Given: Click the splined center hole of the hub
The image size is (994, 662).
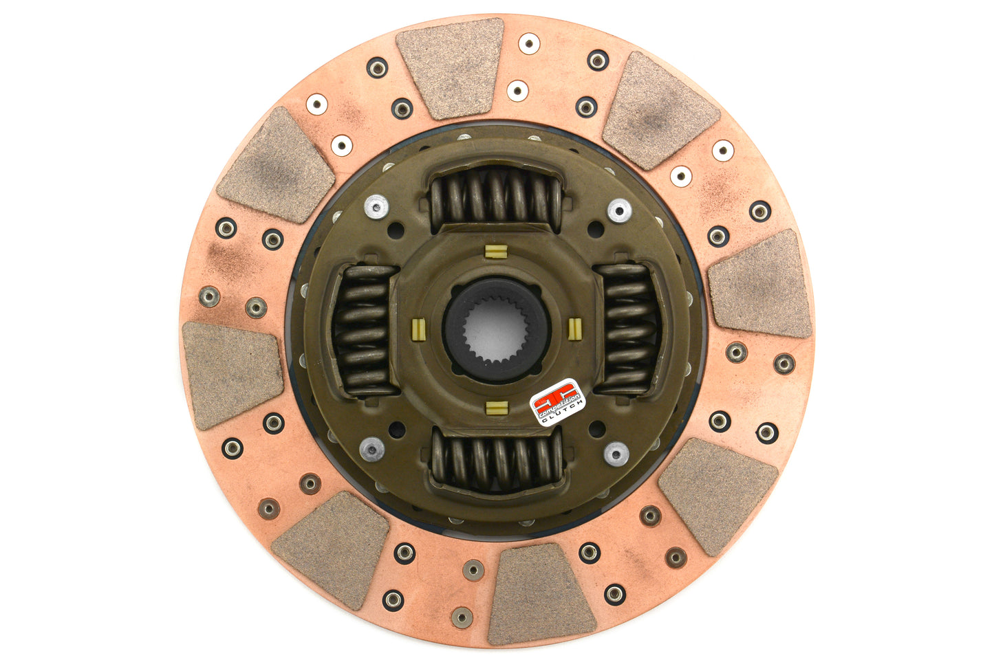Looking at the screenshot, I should coord(496,331).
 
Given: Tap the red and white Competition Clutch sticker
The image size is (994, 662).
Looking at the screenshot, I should coord(558,403).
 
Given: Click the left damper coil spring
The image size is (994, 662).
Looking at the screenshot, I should coord(363,329).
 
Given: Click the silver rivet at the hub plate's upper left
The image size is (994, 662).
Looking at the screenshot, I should coord(376,205).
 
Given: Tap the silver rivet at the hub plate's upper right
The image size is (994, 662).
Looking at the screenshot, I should coord(618,210).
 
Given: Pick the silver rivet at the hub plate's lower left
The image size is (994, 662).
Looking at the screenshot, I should coord(371,448).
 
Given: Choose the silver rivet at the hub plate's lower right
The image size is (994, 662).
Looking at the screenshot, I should coord(616,453).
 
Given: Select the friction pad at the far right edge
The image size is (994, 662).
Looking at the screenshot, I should coord(761,285).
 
